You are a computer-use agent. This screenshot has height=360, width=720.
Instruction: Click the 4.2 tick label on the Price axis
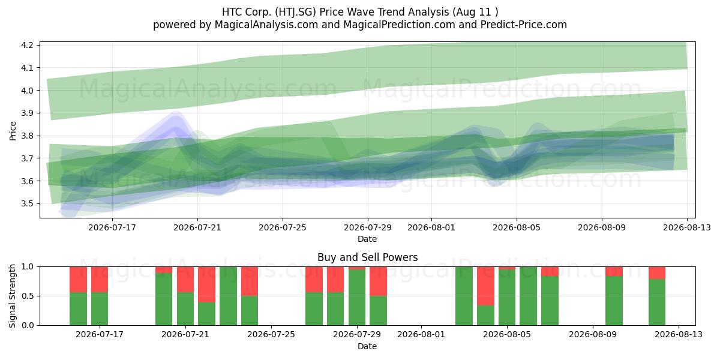click(x=28, y=45)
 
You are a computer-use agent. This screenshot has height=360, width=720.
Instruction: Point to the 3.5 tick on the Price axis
click(x=28, y=204)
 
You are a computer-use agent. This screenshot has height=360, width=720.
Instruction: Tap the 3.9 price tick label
click(x=28, y=113)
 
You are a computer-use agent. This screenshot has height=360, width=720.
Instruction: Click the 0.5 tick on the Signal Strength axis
click(x=28, y=296)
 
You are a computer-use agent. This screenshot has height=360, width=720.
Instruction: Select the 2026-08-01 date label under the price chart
click(x=431, y=227)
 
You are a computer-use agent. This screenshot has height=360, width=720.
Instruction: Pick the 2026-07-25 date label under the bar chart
click(x=271, y=335)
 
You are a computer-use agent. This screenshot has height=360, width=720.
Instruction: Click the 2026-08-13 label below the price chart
click(x=687, y=227)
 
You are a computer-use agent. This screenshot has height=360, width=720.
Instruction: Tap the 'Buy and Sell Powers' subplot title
click(x=367, y=257)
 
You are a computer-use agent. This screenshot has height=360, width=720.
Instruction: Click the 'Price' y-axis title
click(x=13, y=131)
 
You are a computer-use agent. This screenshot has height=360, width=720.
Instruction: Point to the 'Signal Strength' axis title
click(x=12, y=296)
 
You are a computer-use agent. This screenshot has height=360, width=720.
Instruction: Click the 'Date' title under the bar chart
click(x=367, y=346)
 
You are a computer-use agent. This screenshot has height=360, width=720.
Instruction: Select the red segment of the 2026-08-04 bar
click(x=485, y=286)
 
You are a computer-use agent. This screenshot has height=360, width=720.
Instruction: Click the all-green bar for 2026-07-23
click(x=228, y=296)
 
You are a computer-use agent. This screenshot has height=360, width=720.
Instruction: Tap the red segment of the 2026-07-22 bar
click(x=206, y=284)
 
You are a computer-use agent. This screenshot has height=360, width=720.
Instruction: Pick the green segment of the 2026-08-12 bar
click(x=657, y=302)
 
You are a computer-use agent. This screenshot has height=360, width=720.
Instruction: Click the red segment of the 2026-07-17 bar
click(x=100, y=280)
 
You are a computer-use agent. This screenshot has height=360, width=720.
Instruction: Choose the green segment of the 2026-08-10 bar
click(x=614, y=301)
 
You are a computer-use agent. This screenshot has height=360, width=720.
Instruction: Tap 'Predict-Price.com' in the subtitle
click(x=524, y=25)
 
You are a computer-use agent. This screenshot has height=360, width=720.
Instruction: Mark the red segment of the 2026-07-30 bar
click(x=379, y=281)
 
